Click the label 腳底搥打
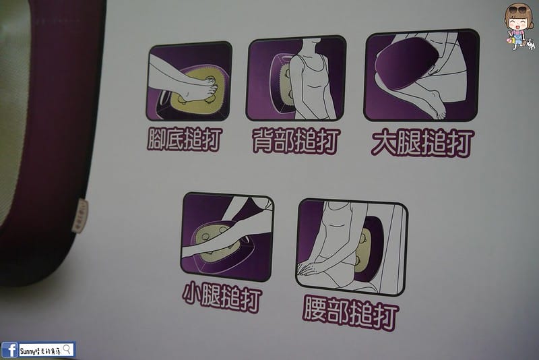click(x=184, y=138)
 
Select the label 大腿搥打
click(x=422, y=142)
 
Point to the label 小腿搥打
click(x=222, y=297)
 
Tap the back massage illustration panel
click(x=296, y=80)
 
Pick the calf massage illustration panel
click(x=227, y=237)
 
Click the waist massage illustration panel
click(x=352, y=247)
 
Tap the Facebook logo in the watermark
click(x=9, y=349)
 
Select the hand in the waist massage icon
click(x=312, y=269)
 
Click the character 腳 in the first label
click(x=156, y=138)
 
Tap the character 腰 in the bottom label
click(x=315, y=311)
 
